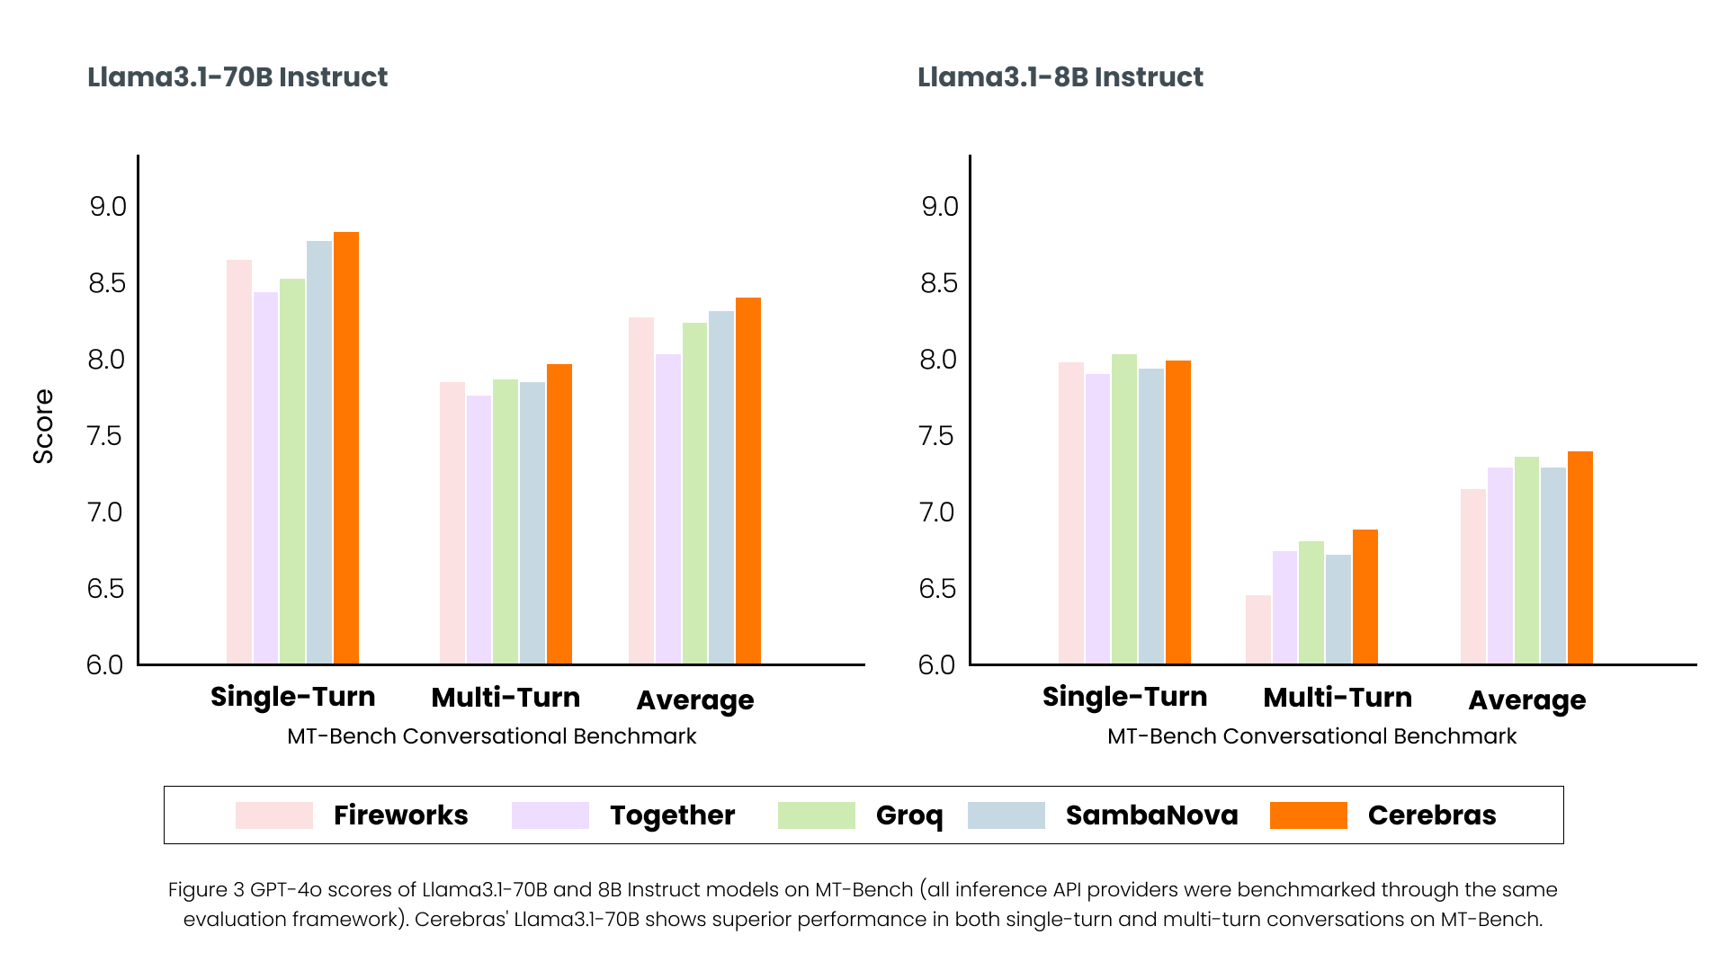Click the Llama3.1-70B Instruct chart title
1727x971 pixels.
pos(237,77)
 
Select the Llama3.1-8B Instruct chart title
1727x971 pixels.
pos(1060,77)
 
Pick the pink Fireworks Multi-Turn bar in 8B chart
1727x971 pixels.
pos(1258,629)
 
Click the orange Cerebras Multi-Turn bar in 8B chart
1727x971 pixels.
pos(1365,597)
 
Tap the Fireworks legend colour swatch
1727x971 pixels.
pos(274,815)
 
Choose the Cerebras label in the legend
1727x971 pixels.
pos(1431,815)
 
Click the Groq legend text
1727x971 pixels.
pos(909,815)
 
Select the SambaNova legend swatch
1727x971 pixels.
pos(1006,815)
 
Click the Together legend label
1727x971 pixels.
pos(672,815)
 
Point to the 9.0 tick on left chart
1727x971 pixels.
pos(108,207)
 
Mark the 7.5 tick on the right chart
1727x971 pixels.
pos(939,436)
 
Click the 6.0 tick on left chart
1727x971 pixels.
pos(105,665)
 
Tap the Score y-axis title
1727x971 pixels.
pos(43,426)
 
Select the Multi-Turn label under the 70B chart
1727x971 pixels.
pos(506,698)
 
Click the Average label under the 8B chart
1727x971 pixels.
pos(1526,700)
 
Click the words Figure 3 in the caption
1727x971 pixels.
pos(206,890)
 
